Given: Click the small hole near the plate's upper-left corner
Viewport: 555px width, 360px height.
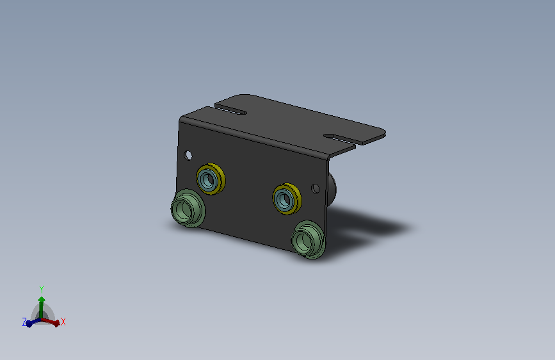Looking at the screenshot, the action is point(188,155).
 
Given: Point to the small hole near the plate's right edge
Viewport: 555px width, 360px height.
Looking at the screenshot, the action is point(316,188).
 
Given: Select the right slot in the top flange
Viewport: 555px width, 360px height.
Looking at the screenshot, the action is point(340,139).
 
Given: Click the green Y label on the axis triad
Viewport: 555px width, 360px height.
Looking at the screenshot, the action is point(42,289).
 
